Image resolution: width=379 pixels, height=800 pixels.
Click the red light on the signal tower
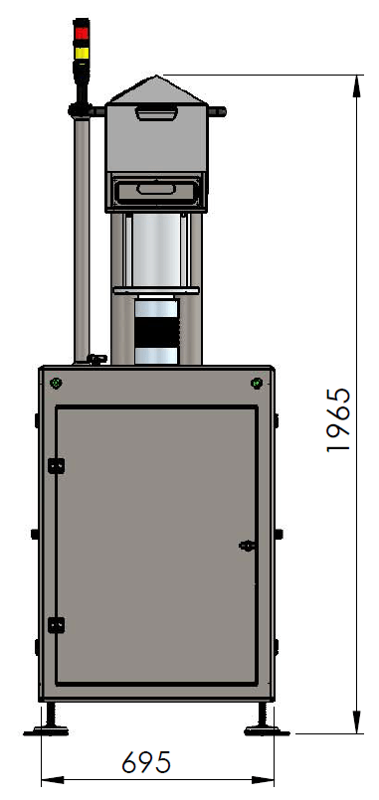click(82, 33)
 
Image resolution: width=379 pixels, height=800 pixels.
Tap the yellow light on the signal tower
click(82, 53)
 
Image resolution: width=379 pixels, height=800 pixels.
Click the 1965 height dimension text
click(338, 420)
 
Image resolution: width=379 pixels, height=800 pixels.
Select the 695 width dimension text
click(146, 762)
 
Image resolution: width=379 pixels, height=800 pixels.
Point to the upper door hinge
click(56, 466)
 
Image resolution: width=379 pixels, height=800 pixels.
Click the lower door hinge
click(56, 625)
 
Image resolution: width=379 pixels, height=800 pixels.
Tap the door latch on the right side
click(248, 546)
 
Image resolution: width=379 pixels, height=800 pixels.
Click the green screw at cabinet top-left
click(56, 383)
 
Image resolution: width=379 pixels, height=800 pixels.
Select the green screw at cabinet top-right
click(257, 383)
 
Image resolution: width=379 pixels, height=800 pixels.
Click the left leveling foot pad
click(46, 731)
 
